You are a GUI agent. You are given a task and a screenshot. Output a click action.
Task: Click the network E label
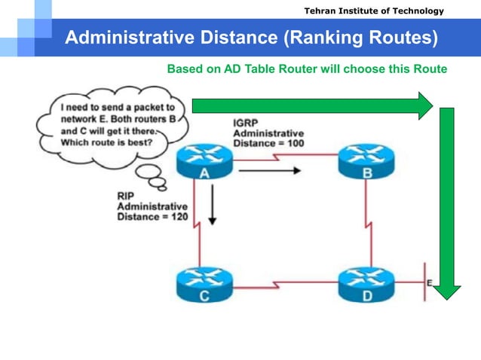430,282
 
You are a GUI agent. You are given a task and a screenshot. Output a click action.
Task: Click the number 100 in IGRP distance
294,142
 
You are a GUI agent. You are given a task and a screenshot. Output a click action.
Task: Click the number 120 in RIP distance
179,217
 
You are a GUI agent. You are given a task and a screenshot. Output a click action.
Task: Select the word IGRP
247,123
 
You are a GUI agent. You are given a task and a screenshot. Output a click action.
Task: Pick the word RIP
126,196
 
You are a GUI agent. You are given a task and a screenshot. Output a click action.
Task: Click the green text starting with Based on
307,69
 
